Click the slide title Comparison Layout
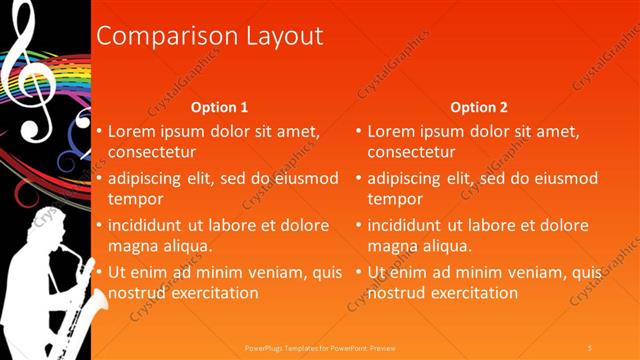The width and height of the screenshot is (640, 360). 209,36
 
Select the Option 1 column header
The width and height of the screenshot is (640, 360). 219,107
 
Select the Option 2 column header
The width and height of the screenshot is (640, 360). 479,107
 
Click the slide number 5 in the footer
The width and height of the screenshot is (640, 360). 591,346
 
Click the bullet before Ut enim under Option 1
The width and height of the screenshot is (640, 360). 100,272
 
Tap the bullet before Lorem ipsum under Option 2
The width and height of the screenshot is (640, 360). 359,131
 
